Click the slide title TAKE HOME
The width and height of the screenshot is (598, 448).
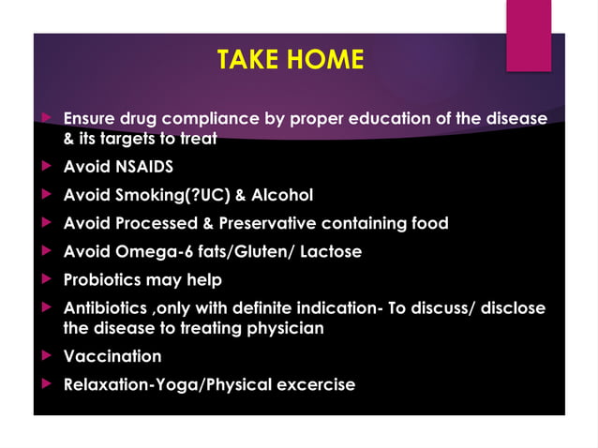[290, 60]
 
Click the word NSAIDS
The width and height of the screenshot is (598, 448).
[141, 168]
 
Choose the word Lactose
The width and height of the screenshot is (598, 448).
[330, 252]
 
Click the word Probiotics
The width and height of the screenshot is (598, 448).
[103, 280]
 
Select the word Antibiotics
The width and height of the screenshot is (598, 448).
[103, 308]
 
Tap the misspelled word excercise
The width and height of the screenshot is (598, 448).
[313, 384]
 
